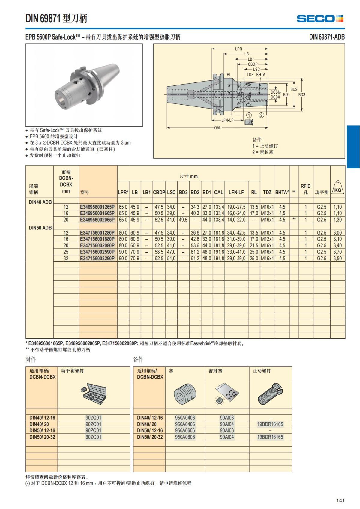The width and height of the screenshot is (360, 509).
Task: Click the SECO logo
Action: click(320, 19)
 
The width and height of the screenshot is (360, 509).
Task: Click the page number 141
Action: click(340, 500)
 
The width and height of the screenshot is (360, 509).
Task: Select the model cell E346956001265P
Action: click(97, 207)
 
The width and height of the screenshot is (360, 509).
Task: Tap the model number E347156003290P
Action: click(97, 258)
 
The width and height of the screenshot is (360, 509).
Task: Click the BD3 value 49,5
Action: click(183, 220)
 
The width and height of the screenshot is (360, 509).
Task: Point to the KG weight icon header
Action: click(337, 188)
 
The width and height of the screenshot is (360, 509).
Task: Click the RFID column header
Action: click(305, 189)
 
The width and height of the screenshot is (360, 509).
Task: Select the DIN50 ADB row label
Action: click(40, 228)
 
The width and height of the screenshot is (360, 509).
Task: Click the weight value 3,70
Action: click(337, 252)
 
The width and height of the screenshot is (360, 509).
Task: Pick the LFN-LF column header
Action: click(236, 192)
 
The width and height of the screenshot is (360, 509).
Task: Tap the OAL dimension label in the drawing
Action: click(217, 128)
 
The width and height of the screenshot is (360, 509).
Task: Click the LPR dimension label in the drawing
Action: click(238, 49)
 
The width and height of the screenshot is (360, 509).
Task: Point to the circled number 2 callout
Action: click(261, 115)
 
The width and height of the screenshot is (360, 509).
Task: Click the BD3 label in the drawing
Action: click(301, 95)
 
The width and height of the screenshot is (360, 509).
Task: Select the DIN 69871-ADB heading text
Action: click(327, 37)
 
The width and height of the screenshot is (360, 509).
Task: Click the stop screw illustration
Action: click(270, 393)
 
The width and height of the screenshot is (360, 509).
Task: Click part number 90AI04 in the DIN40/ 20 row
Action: click(227, 424)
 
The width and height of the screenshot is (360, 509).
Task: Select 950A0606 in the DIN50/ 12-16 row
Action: click(185, 430)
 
